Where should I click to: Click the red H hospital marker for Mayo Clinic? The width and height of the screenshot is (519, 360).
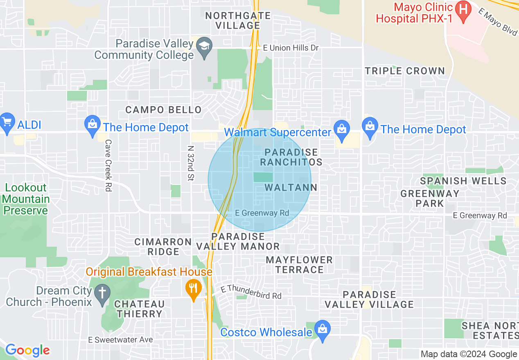pos(463,9)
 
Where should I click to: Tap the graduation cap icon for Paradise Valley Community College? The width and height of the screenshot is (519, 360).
pos(203,45)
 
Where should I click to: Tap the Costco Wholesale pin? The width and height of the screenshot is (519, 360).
pos(323,329)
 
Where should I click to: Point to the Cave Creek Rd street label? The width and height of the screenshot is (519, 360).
pos(108,165)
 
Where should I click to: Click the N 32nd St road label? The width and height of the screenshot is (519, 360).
pos(190,163)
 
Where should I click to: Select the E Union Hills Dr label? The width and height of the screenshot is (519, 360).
pos(291,48)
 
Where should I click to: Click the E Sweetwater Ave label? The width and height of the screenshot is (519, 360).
pos(121,340)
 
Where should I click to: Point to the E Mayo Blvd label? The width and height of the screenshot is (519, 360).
pos(498,23)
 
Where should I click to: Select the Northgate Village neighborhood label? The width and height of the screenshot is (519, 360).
pos(238,20)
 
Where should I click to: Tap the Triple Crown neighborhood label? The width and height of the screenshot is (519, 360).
pos(404,71)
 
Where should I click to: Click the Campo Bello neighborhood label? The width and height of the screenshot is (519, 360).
pos(163,110)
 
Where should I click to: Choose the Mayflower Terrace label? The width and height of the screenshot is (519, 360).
pos(299,265)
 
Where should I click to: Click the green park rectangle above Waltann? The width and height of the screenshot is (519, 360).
pos(263,177)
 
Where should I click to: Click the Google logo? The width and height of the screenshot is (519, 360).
pos(27,350)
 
